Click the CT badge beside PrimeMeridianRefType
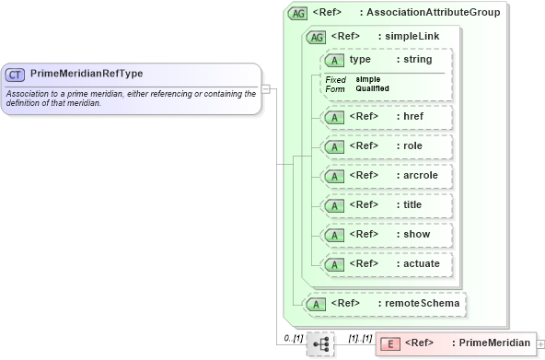pos(16,74)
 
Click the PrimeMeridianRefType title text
pos(87,73)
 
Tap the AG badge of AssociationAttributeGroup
pos(298,14)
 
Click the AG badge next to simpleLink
pos(316,37)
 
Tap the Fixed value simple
pos(368,79)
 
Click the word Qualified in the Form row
pos(372,88)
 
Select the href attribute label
pos(413,117)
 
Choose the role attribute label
pos(412,145)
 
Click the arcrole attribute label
pos(419,175)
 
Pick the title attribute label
pos(412,204)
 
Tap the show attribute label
pos(415,234)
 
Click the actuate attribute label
pos(422,263)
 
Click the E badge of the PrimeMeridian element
pos(389,343)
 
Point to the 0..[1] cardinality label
pos(292,339)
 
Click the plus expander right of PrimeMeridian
pos(540,343)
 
